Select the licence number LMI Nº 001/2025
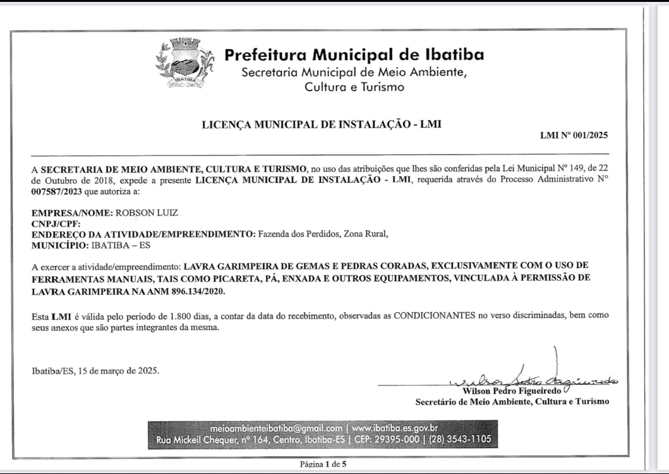[x=574, y=136]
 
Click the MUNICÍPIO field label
[x=59, y=245]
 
